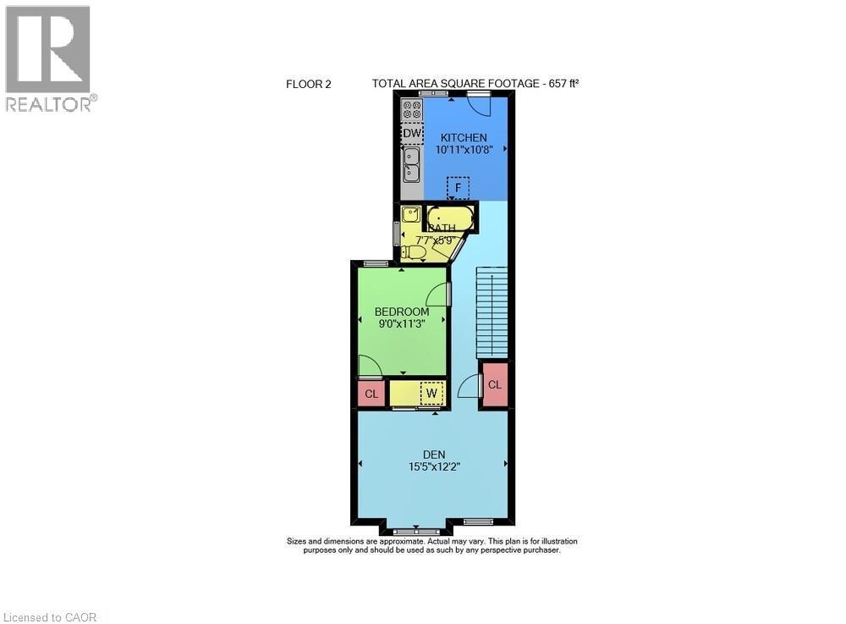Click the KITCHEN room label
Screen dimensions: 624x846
pyautogui.click(x=462, y=137)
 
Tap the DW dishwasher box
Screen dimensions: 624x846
pyautogui.click(x=412, y=134)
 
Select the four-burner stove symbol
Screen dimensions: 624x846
pyautogui.click(x=412, y=110)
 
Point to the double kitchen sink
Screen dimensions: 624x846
pyautogui.click(x=412, y=165)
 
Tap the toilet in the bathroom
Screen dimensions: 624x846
pyautogui.click(x=414, y=251)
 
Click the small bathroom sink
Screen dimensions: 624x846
pyautogui.click(x=410, y=214)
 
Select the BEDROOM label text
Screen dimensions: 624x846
pyautogui.click(x=402, y=312)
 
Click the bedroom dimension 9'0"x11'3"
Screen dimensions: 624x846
pyautogui.click(x=402, y=323)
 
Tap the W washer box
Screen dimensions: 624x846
pyautogui.click(x=431, y=393)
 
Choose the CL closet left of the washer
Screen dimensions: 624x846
pyautogui.click(x=371, y=394)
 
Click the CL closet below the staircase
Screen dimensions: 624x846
pyautogui.click(x=495, y=384)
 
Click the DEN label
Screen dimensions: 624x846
pyautogui.click(x=434, y=455)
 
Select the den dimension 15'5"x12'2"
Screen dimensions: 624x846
pyautogui.click(x=434, y=466)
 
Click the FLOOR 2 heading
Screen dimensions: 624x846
pyautogui.click(x=309, y=84)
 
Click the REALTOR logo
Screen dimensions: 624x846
pyautogui.click(x=49, y=59)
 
